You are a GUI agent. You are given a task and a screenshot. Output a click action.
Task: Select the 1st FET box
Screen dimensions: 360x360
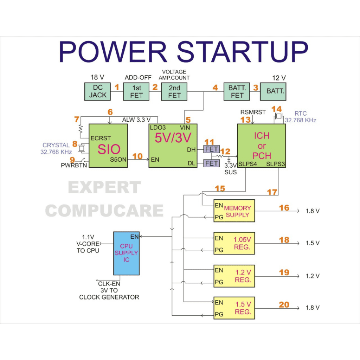pos(136,91)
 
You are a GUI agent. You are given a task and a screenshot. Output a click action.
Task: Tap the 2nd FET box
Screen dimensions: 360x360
pos(174,91)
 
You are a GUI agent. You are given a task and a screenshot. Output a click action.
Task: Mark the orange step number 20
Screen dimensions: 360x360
pos(284,304)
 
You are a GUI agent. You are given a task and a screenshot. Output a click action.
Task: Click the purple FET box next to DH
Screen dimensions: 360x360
pos(211,149)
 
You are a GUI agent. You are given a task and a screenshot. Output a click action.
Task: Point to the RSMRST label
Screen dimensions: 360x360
pos(253,112)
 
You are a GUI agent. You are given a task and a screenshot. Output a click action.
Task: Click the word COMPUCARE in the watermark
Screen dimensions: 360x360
pos(104,211)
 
